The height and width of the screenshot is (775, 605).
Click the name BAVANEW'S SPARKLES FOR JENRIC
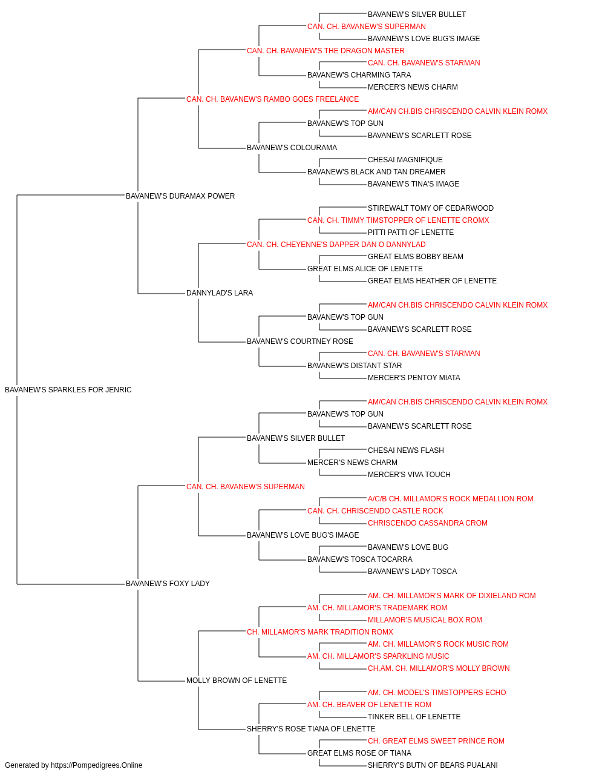pyautogui.click(x=68, y=390)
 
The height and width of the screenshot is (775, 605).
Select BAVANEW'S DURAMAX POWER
pyautogui.click(x=180, y=196)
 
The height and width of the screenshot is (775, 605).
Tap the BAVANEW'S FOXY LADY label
pyautogui.click(x=168, y=584)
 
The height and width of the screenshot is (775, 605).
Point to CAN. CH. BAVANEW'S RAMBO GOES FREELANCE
pyautogui.click(x=273, y=99)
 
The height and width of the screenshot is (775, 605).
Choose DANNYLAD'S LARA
pyautogui.click(x=220, y=293)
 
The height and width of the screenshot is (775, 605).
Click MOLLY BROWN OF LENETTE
pyautogui.click(x=237, y=681)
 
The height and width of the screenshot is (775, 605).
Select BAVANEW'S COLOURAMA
pyautogui.click(x=292, y=148)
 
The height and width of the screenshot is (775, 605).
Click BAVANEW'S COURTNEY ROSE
pyautogui.click(x=300, y=341)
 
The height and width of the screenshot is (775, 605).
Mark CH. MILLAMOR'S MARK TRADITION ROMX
pyautogui.click(x=320, y=632)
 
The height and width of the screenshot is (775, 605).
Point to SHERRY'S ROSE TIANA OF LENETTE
pyautogui.click(x=311, y=728)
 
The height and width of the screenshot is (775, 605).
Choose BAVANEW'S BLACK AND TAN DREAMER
pyautogui.click(x=376, y=172)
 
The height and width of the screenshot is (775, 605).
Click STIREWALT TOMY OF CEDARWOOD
pyautogui.click(x=431, y=208)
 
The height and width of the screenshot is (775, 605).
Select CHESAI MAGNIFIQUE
pyautogui.click(x=405, y=160)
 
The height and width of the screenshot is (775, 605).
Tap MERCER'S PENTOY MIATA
pyautogui.click(x=414, y=378)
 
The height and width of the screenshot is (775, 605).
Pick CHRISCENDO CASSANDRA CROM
pyautogui.click(x=428, y=523)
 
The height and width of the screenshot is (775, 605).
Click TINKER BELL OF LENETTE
pyautogui.click(x=414, y=716)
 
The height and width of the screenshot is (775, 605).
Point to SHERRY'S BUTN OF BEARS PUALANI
pyautogui.click(x=433, y=765)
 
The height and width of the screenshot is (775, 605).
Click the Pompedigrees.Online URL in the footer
pyautogui.click(x=97, y=765)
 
